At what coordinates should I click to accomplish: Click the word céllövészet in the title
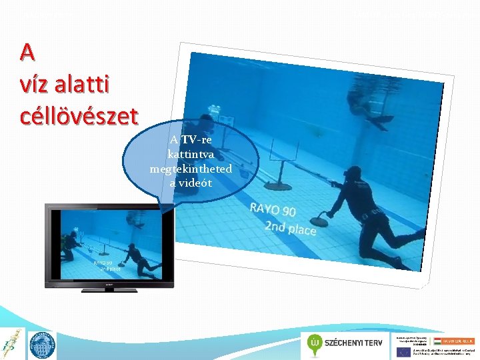(79, 114)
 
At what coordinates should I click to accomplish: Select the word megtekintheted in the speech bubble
(191, 169)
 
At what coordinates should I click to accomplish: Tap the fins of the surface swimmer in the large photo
(383, 123)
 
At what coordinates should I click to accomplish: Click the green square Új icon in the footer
(315, 344)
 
